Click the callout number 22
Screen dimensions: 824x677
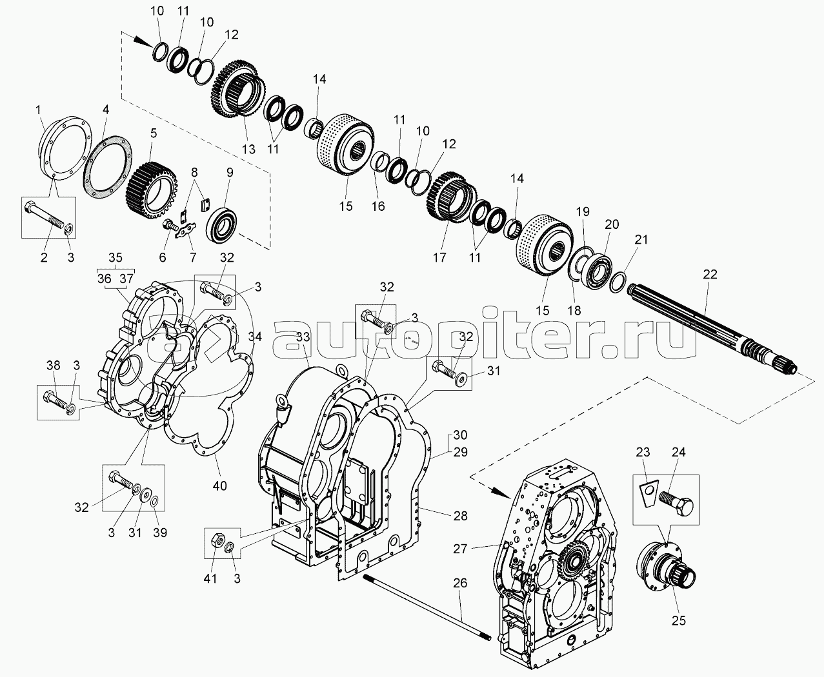(710, 275)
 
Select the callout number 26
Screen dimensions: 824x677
(460, 583)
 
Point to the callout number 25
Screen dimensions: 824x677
(679, 621)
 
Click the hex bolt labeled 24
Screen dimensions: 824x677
(676, 502)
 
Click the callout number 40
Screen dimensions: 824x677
(219, 486)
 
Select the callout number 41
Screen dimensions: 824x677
(210, 578)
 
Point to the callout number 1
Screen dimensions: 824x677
(38, 110)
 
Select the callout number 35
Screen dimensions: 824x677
(116, 258)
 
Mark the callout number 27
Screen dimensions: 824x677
(460, 549)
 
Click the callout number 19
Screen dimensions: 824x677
(583, 211)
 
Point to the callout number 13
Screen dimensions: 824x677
(248, 149)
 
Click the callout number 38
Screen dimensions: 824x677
(54, 365)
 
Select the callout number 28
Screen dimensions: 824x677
(460, 516)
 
